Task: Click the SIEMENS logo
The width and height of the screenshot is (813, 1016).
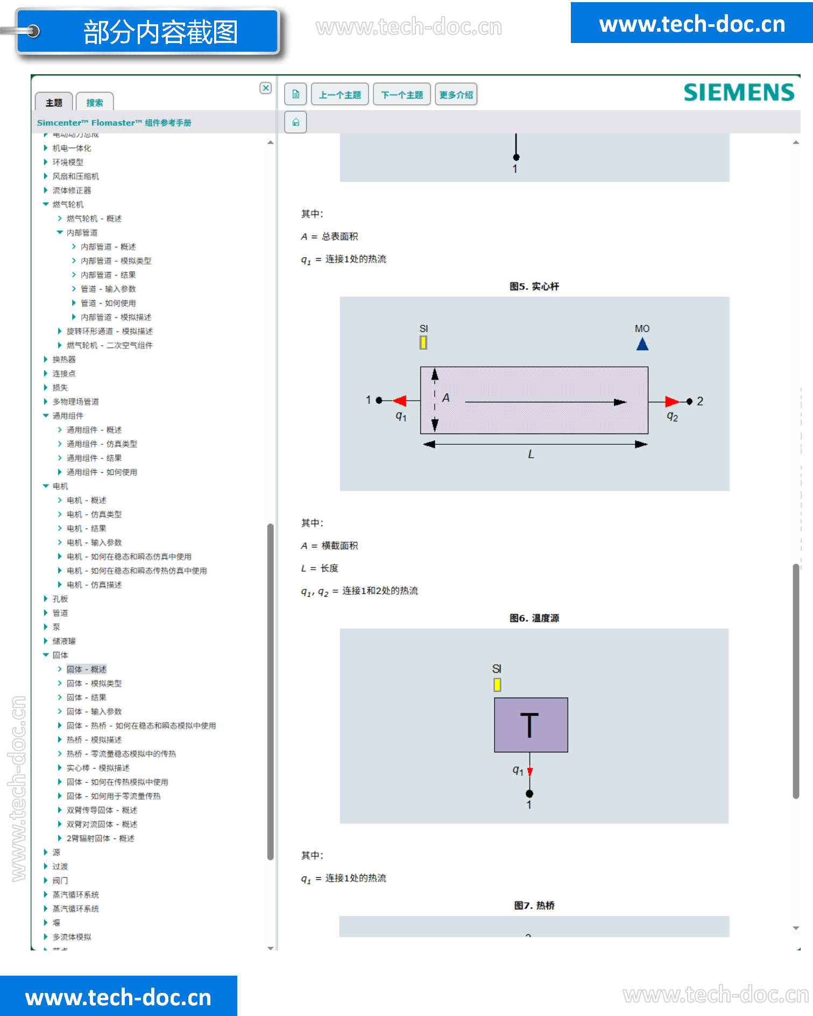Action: click(738, 93)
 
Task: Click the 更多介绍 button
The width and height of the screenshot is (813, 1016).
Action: click(456, 95)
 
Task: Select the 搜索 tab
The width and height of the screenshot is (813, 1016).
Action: click(95, 103)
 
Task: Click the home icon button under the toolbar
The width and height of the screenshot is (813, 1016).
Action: click(295, 122)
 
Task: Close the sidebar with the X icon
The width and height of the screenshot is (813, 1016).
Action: click(266, 88)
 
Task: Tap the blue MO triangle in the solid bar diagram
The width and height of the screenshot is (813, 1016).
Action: click(642, 344)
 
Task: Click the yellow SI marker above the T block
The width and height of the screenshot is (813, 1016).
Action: click(497, 685)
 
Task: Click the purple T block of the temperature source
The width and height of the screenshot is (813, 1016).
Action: click(531, 724)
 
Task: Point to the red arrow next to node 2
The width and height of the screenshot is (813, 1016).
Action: click(671, 401)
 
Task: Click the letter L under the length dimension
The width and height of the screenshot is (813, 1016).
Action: click(531, 454)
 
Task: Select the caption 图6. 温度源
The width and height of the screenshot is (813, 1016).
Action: click(534, 618)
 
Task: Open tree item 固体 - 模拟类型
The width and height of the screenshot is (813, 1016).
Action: click(94, 684)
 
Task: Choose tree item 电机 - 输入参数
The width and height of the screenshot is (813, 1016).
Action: click(94, 543)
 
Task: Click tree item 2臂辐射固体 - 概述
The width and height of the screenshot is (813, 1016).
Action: click(100, 839)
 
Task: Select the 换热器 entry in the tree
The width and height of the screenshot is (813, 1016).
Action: click(64, 359)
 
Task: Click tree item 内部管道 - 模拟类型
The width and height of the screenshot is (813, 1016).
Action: click(116, 261)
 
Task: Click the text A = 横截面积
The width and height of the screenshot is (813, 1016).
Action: click(329, 545)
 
